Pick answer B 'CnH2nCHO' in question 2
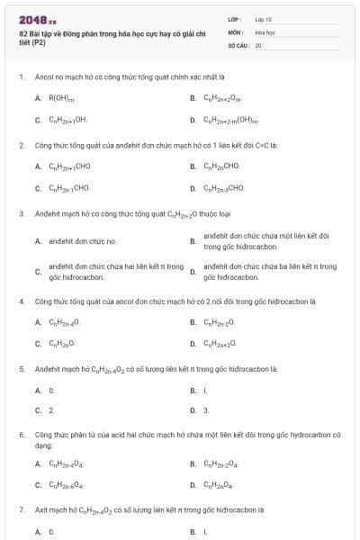[220, 166]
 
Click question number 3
[21, 213]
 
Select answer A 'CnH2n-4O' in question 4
[64, 321]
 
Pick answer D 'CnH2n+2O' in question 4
[220, 343]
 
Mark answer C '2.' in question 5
[51, 410]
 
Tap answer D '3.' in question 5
[206, 410]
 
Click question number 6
[21, 434]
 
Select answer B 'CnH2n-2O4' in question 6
[221, 463]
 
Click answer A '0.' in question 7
[51, 531]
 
